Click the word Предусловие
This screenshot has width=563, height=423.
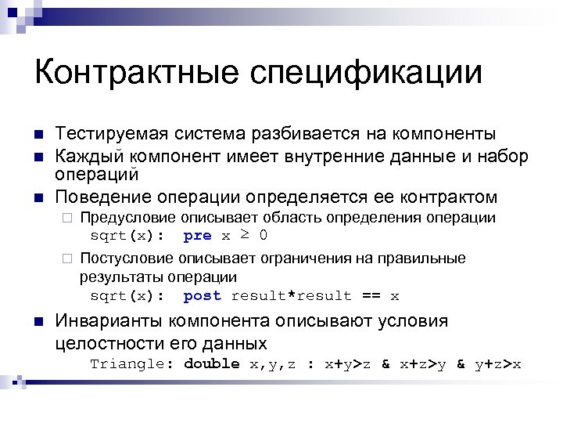pyautogui.click(x=127, y=217)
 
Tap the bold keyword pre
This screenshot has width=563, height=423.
pyautogui.click(x=197, y=235)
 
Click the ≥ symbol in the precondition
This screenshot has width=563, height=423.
pyautogui.click(x=244, y=234)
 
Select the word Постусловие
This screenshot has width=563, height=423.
pyautogui.click(x=127, y=258)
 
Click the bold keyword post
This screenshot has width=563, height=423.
pyautogui.click(x=202, y=295)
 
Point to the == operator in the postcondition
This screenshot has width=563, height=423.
pyautogui.click(x=371, y=295)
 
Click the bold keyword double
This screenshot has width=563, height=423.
pyautogui.click(x=212, y=363)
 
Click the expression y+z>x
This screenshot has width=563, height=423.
pyautogui.click(x=498, y=363)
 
